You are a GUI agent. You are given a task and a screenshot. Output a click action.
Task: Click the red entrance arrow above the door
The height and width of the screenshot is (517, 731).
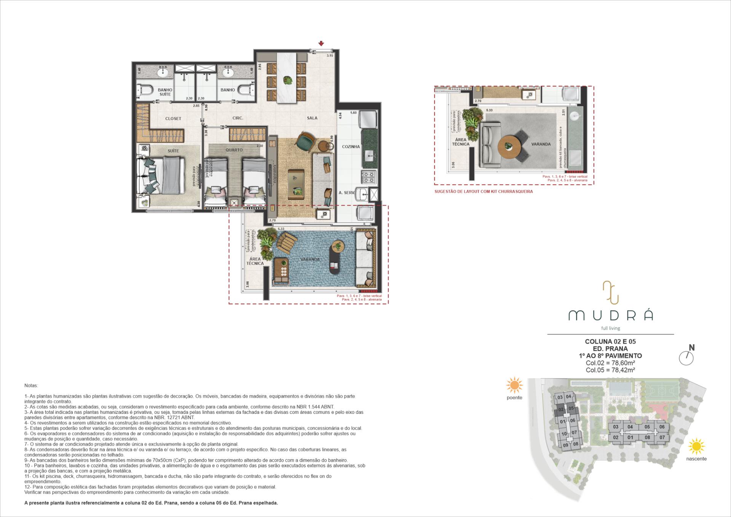coord(321,44)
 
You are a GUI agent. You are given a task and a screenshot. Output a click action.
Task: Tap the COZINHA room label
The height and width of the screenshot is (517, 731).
coord(351,147)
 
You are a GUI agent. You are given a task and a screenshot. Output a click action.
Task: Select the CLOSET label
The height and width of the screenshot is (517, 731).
coord(173,118)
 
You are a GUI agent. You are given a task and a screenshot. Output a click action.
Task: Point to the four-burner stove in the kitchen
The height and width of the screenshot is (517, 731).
coord(368,177)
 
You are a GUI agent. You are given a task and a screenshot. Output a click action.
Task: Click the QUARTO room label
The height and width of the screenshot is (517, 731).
coord(234,150)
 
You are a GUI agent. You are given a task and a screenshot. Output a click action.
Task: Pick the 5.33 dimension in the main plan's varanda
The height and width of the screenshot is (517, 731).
coord(281,229)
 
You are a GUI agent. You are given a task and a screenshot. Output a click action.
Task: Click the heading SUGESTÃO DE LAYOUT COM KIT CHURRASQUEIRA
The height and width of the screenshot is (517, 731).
coord(484,191)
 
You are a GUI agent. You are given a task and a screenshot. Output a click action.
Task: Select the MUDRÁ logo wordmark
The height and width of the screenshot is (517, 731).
coord(610,315)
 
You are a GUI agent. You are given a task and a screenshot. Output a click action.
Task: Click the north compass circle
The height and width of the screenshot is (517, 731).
coord(686,358)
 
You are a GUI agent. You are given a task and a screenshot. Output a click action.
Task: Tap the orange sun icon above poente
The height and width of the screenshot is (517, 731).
coord(514,386)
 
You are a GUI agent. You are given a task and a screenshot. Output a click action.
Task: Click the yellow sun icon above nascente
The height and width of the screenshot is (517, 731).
coord(696,446)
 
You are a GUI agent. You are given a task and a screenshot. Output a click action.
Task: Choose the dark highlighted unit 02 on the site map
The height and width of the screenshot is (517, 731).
coord(560,410)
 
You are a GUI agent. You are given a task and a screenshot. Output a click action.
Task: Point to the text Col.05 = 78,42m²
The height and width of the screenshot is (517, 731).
coord(610,370)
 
